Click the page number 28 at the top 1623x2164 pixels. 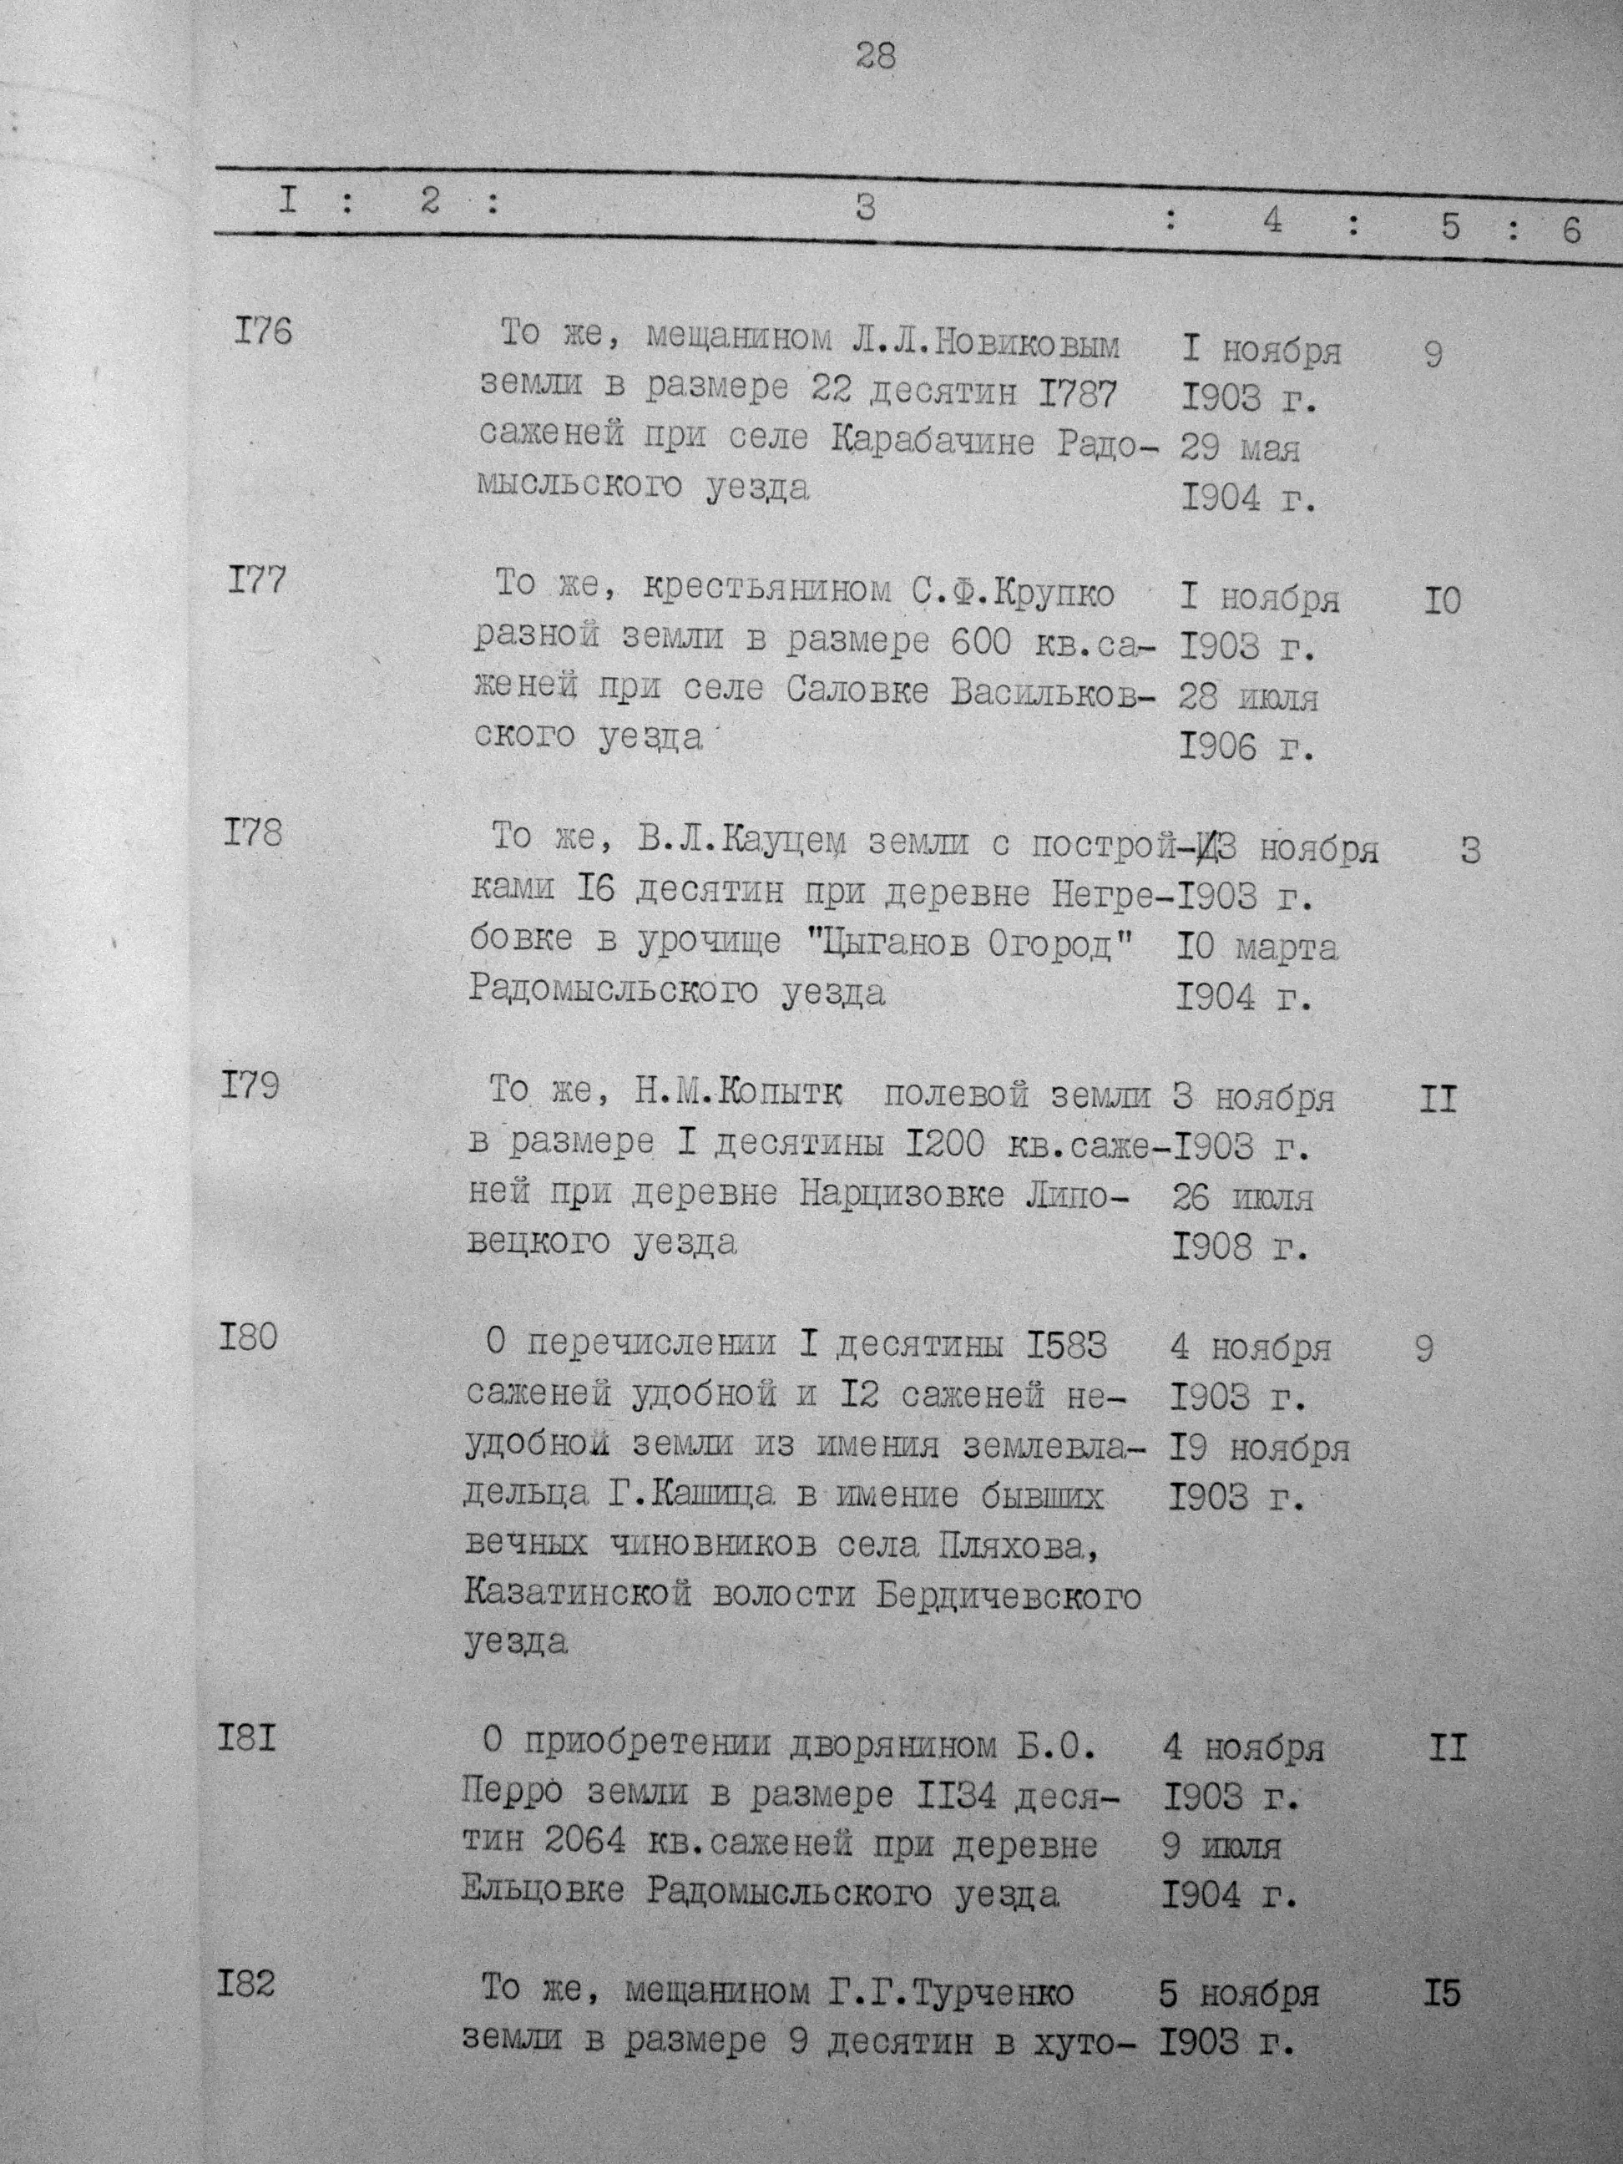pyautogui.click(x=875, y=56)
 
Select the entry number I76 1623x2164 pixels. pyautogui.click(x=262, y=332)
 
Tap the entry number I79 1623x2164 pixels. pyautogui.click(x=250, y=1086)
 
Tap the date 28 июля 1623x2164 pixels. pyautogui.click(x=1247, y=699)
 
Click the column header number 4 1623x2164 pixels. pyautogui.click(x=1272, y=221)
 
